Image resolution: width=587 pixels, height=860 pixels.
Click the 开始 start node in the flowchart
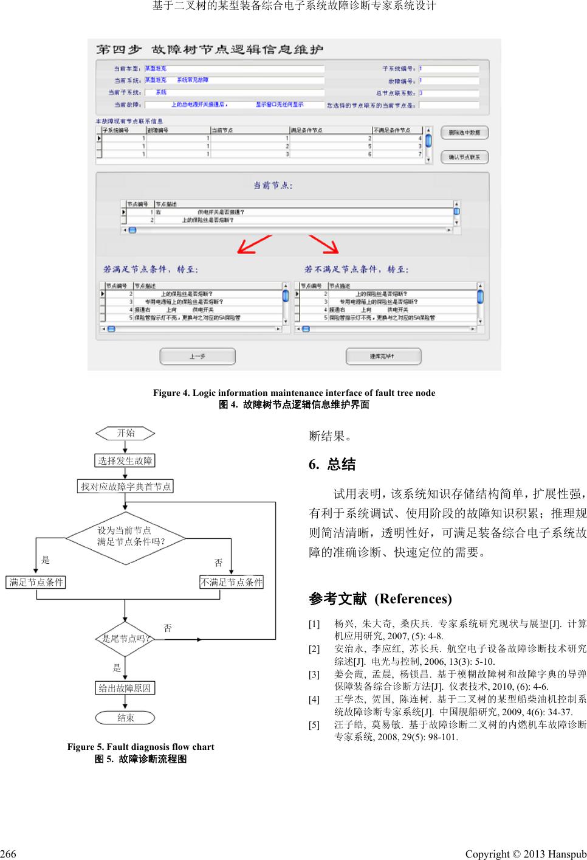pyautogui.click(x=125, y=433)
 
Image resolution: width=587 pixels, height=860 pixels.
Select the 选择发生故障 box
pyautogui.click(x=125, y=460)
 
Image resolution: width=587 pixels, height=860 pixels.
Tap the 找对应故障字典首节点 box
pyautogui.click(x=126, y=486)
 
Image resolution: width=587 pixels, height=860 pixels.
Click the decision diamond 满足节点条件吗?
pyautogui.click(x=125, y=536)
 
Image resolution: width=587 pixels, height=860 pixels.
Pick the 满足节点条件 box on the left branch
pyautogui.click(x=36, y=582)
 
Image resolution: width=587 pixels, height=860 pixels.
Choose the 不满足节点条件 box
pyautogui.click(x=232, y=582)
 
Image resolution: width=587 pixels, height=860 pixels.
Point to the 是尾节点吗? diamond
pyautogui.click(x=125, y=639)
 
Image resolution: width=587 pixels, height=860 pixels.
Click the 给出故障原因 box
pyautogui.click(x=125, y=688)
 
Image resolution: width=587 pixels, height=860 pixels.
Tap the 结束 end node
pyautogui.click(x=125, y=718)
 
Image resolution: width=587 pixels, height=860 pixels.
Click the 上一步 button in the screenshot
pyautogui.click(x=197, y=356)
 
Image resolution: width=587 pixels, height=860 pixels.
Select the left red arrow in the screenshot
pyautogui.click(x=254, y=244)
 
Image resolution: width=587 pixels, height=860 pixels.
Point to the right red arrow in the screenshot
pyautogui.click(x=323, y=244)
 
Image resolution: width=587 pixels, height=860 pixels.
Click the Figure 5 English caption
pyautogui.click(x=140, y=747)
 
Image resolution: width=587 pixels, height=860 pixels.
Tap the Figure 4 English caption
pyautogui.click(x=294, y=393)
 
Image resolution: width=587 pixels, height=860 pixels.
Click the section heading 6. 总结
pyautogui.click(x=332, y=465)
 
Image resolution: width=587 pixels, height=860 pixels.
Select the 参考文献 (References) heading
pyautogui.click(x=380, y=599)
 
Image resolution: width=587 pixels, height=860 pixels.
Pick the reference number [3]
pyautogui.click(x=314, y=674)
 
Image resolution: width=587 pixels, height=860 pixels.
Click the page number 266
pyautogui.click(x=9, y=854)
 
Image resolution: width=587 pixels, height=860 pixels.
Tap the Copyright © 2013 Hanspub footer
pyautogui.click(x=526, y=854)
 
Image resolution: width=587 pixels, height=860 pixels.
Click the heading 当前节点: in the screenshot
pyautogui.click(x=273, y=186)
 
